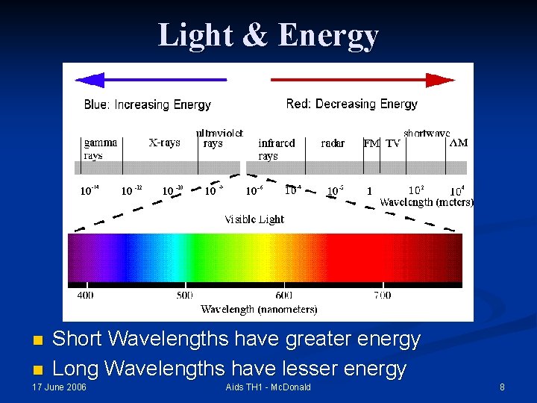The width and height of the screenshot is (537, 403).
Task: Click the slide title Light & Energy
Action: point(268,35)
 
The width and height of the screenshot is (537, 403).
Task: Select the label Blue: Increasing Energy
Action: point(148,104)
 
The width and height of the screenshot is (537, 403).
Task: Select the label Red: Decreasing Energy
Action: point(351,104)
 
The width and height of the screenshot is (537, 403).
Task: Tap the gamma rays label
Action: point(99,149)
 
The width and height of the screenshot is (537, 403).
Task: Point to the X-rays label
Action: point(164,143)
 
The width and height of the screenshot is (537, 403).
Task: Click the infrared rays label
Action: point(276,149)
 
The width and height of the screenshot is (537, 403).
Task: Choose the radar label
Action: point(333,143)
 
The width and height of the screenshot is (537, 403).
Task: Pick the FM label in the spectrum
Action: point(371,143)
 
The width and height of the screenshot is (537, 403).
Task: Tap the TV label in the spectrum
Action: point(392,143)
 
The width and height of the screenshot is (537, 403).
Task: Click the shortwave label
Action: point(427,134)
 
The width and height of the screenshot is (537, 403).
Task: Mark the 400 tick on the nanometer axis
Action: point(86,295)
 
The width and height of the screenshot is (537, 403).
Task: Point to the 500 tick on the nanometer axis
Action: point(185,295)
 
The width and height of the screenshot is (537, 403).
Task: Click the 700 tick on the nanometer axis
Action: point(382,295)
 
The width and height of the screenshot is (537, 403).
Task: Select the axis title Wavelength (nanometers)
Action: point(259,309)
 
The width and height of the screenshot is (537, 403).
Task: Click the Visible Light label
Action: point(254,219)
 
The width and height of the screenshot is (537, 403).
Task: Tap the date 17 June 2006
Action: point(59,387)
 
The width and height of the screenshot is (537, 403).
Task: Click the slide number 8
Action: point(502,387)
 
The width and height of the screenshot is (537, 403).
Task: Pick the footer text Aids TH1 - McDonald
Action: point(268,387)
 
